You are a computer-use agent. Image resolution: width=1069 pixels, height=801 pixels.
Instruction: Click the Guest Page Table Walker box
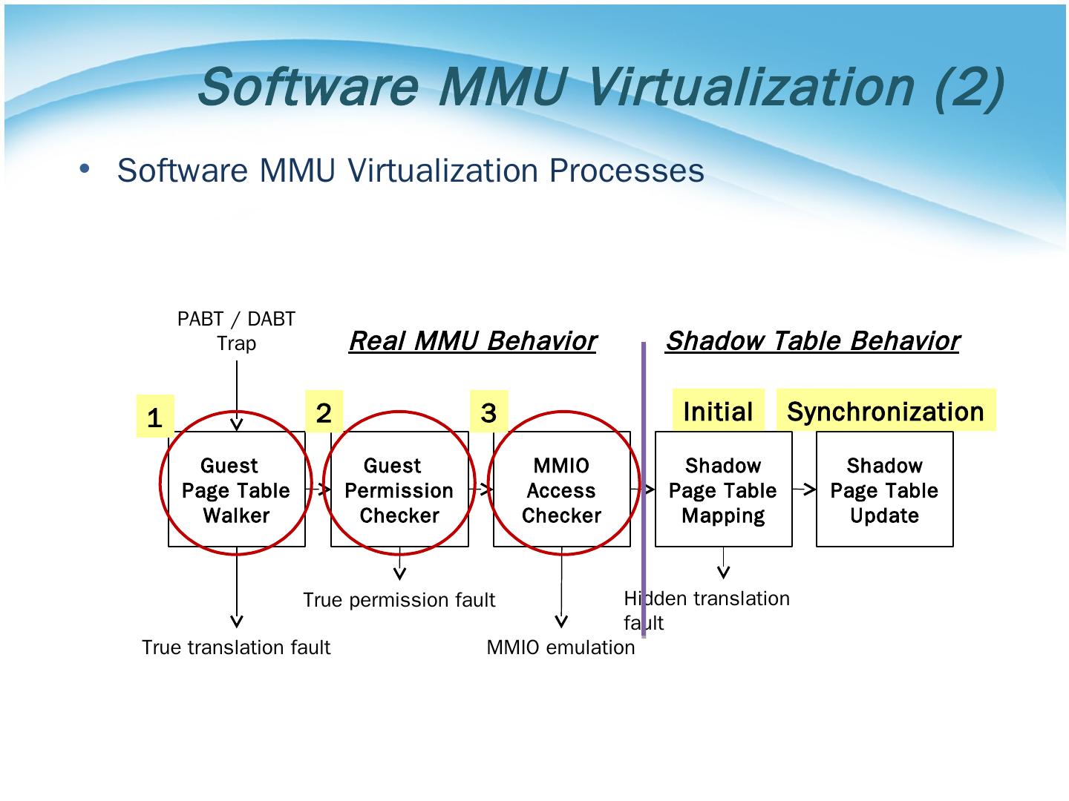click(237, 489)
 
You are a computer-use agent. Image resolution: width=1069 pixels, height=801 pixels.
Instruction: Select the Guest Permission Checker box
click(399, 489)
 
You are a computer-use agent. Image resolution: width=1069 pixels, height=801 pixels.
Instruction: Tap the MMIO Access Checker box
click(561, 489)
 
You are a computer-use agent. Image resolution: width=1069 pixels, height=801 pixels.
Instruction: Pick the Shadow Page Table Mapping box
click(723, 489)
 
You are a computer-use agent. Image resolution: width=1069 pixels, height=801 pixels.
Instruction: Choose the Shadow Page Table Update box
click(884, 489)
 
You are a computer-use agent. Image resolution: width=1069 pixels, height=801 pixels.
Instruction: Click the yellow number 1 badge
click(155, 416)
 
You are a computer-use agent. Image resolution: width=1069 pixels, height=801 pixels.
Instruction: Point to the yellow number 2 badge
click(324, 412)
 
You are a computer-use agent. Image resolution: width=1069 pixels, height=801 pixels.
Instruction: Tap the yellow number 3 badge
click(488, 412)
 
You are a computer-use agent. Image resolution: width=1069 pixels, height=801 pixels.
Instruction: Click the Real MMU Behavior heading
click(472, 341)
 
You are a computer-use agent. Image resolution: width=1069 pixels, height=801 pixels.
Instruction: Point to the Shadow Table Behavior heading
click(812, 341)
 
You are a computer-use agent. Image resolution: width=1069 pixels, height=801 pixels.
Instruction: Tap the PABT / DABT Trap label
click(236, 331)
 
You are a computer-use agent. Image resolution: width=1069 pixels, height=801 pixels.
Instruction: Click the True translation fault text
click(236, 647)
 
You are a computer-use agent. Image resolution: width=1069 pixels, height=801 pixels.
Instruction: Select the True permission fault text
click(399, 600)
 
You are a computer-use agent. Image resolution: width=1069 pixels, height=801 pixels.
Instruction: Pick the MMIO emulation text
click(560, 647)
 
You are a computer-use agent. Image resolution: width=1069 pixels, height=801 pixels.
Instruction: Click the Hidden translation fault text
click(707, 610)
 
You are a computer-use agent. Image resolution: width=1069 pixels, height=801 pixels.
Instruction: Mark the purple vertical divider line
click(644, 489)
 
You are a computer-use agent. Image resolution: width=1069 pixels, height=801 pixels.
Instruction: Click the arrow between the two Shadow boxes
click(804, 489)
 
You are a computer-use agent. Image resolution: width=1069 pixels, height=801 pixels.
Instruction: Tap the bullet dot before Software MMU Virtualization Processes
click(85, 169)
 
